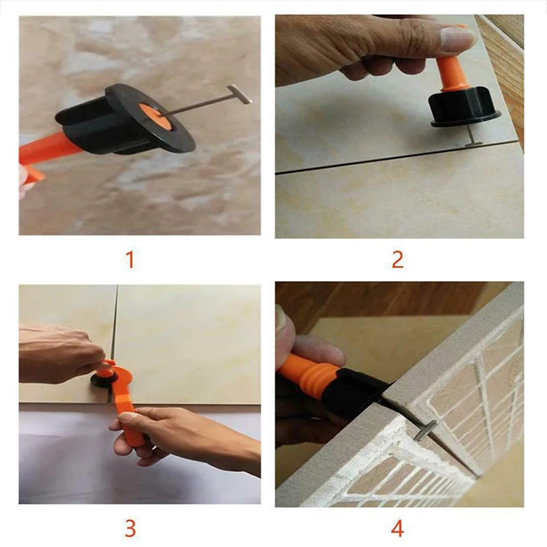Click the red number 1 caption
(130, 259)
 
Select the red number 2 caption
(397, 259)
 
